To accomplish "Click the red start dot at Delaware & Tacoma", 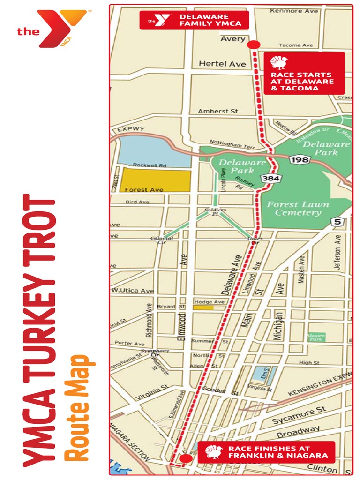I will pyautogui.click(x=254, y=45).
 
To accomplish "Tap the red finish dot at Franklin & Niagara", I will pyautogui.click(x=184, y=458).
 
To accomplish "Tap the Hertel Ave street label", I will pyautogui.click(x=222, y=63).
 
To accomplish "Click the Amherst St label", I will pyautogui.click(x=218, y=111).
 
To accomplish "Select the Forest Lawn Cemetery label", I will pyautogui.click(x=298, y=209).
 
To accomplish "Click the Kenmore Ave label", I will pyautogui.click(x=293, y=10).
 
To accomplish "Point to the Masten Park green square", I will pyautogui.click(x=316, y=337).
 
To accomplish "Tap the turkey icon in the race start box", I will pyautogui.click(x=280, y=62).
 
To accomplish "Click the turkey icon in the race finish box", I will pyautogui.click(x=214, y=452).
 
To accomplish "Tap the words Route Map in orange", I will pyautogui.click(x=77, y=407).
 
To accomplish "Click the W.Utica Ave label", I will pyautogui.click(x=133, y=291).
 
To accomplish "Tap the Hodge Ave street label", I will pyautogui.click(x=210, y=302).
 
